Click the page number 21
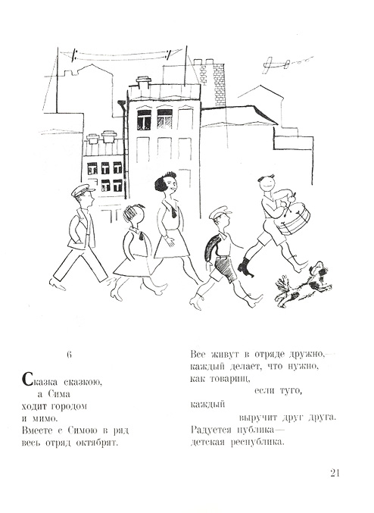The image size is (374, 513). pyautogui.click(x=335, y=473)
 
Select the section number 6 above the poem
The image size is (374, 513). pyautogui.click(x=69, y=355)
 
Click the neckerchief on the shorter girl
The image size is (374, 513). pyautogui.click(x=142, y=236)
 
